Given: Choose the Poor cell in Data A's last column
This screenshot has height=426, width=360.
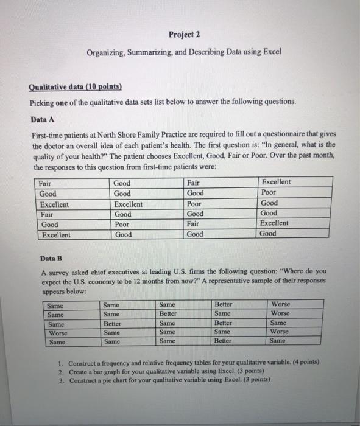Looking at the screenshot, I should click(x=269, y=194).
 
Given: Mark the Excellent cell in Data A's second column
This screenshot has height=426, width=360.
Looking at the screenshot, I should click(x=129, y=204).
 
